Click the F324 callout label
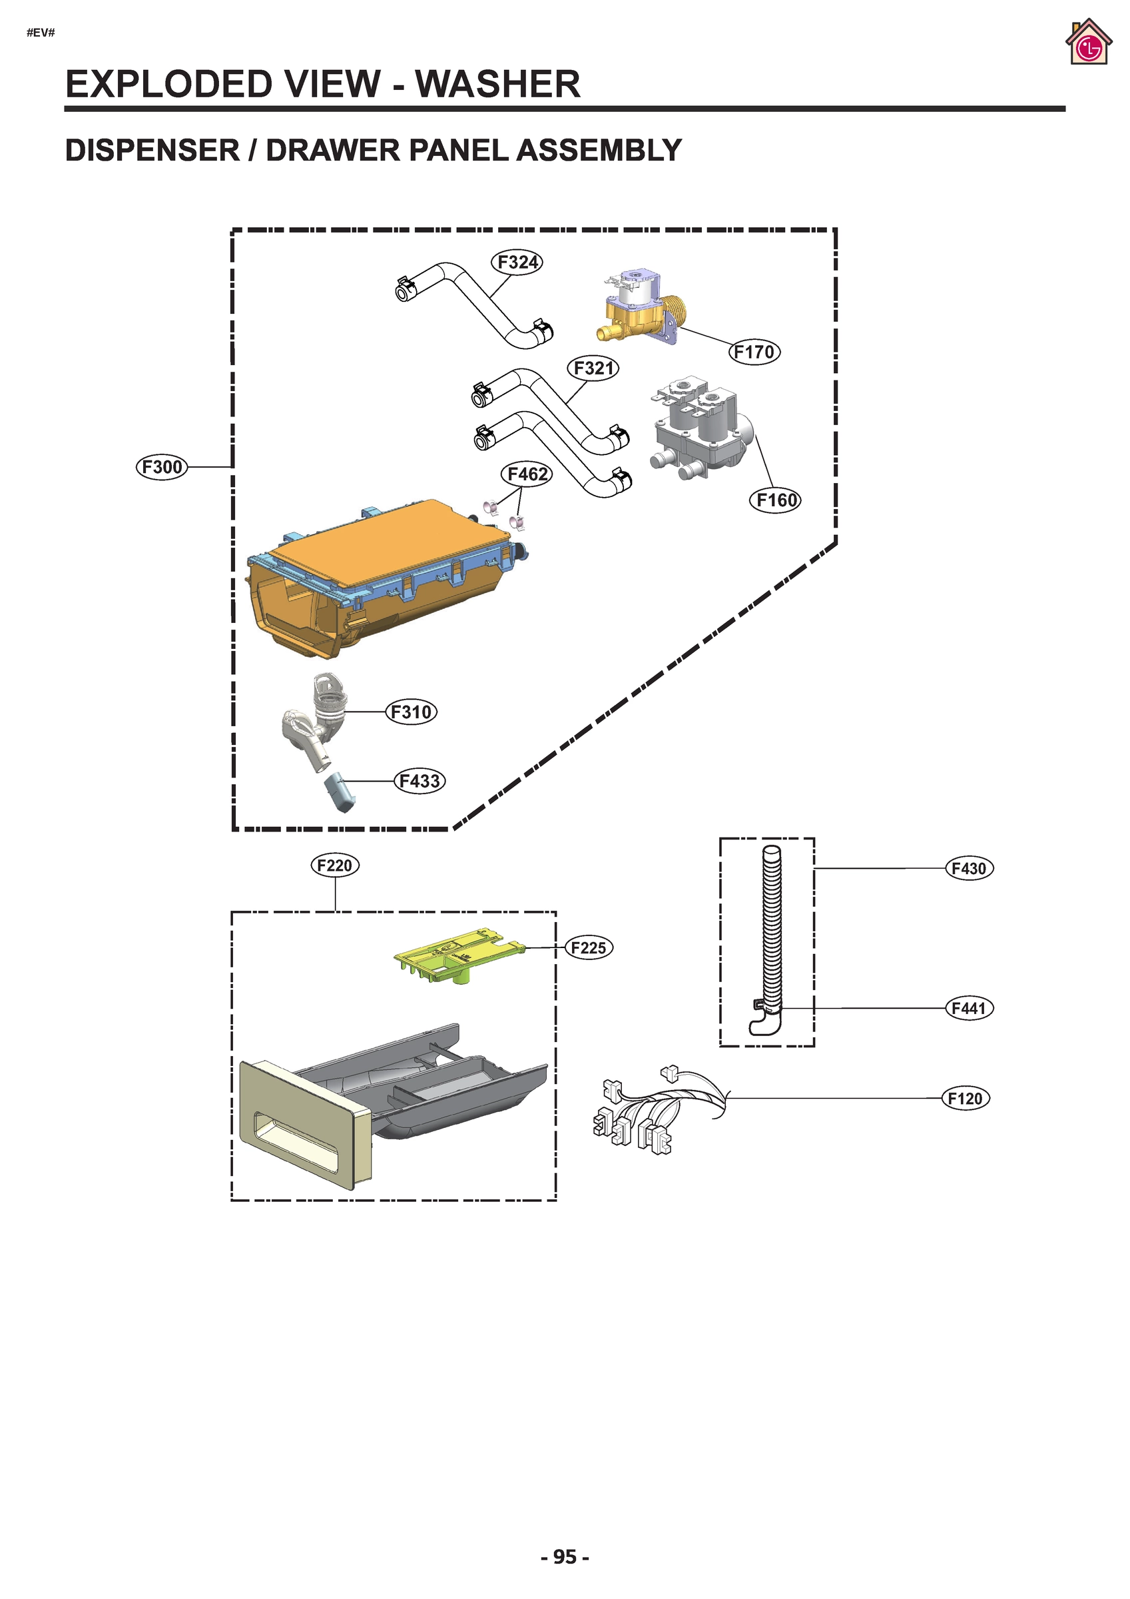(517, 263)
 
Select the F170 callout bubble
(754, 352)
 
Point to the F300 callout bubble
(162, 466)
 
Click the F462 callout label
(526, 474)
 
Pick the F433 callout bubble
(419, 781)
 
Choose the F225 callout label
(589, 947)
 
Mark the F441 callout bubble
(968, 1008)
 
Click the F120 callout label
(965, 1098)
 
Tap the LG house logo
(1087, 43)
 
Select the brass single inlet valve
(637, 310)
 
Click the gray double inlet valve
(700, 428)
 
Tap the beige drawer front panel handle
(303, 1121)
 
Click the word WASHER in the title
(497, 84)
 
